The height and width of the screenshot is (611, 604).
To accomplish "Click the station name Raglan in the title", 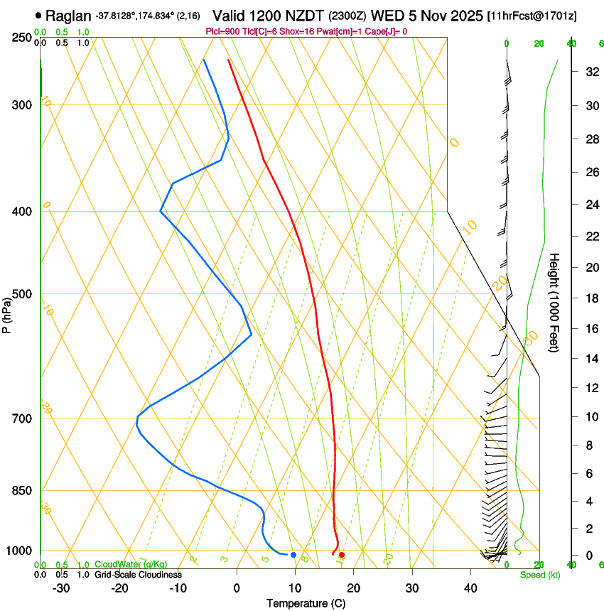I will point(68,16).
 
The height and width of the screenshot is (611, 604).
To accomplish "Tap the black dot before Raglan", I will point(38,15).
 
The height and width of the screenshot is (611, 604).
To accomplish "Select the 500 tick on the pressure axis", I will point(22,294).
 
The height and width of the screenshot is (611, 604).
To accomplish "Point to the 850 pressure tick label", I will point(22,491).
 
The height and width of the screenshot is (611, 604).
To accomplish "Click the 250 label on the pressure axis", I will point(22,37).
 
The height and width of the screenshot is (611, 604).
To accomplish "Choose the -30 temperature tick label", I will point(61,588).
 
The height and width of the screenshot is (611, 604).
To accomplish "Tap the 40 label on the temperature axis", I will point(470,588).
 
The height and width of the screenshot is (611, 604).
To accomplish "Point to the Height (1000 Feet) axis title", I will point(554,302).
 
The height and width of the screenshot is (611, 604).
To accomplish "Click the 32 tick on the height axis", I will point(590,72).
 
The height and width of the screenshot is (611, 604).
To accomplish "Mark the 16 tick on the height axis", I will point(590,329).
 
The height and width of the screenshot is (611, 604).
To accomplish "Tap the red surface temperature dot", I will point(342,555).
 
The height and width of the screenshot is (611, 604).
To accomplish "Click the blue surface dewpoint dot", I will point(293,555).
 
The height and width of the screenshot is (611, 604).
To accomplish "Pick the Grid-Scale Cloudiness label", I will point(138,574).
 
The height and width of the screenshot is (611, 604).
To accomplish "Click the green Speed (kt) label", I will point(539,575).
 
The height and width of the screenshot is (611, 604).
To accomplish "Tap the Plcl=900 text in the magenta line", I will point(221,31).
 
